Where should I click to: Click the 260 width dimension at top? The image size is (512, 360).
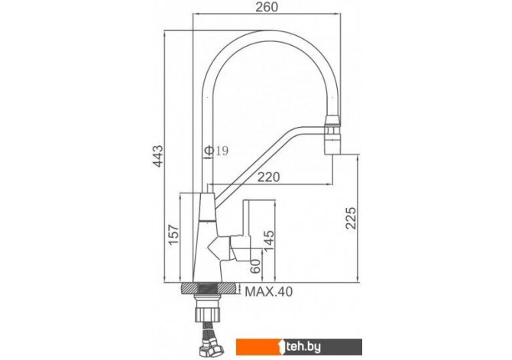(267, 7)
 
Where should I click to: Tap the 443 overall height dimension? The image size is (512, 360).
(158, 156)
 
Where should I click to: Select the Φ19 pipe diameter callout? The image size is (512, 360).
(216, 151)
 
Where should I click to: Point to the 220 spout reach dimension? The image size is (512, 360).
(269, 177)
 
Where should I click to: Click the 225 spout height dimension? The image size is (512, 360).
(351, 218)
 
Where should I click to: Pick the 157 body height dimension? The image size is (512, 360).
(173, 235)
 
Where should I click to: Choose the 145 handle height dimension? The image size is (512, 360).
(269, 241)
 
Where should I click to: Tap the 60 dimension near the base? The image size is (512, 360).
(255, 266)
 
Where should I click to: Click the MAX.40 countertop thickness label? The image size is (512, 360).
(269, 291)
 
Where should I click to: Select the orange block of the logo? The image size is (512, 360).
(258, 347)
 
